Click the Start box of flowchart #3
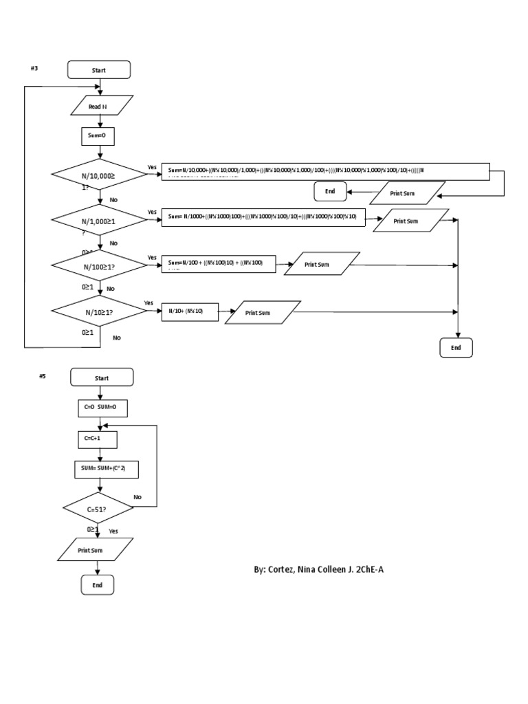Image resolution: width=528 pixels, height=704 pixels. tap(98, 70)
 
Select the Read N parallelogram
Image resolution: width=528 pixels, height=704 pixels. tap(98, 106)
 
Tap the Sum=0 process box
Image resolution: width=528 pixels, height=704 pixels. tap(98, 137)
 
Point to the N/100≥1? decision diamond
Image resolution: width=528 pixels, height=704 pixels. tap(100, 266)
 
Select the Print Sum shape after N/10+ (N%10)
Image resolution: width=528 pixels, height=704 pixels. tap(263, 312)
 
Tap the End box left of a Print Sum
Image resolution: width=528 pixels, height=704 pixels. tap(330, 191)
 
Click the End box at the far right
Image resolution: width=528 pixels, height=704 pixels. tap(456, 348)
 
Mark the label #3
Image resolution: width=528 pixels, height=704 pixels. tap(34, 67)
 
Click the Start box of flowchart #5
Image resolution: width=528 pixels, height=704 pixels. tap(101, 377)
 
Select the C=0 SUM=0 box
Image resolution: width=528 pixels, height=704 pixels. tap(101, 408)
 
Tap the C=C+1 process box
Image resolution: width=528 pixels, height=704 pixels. tap(96, 439)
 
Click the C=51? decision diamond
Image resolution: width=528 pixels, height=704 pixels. tap(100, 509)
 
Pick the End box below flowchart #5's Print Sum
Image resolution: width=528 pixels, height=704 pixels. tap(97, 585)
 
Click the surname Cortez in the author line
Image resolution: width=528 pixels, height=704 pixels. tap(281, 570)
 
